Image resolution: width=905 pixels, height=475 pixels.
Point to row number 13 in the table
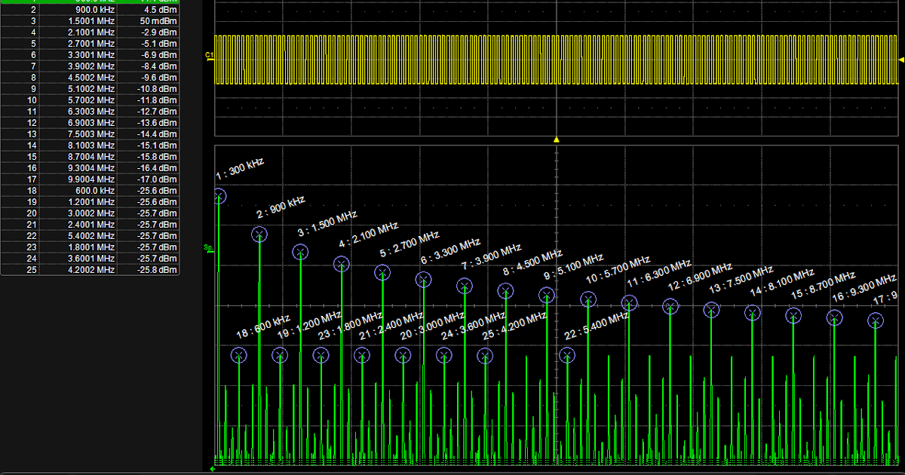[32, 134]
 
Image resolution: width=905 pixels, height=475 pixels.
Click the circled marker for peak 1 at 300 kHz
[219, 196]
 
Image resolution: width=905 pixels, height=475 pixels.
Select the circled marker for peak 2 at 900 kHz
[259, 234]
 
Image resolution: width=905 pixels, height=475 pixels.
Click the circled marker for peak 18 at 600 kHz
[239, 355]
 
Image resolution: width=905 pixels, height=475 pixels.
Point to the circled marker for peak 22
[567, 355]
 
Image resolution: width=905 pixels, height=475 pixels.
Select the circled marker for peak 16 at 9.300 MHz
[834, 317]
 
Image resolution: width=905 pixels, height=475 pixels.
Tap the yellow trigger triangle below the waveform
[557, 139]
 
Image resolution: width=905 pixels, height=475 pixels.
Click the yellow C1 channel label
[209, 56]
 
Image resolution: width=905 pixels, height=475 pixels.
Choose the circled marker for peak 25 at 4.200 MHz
[485, 355]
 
